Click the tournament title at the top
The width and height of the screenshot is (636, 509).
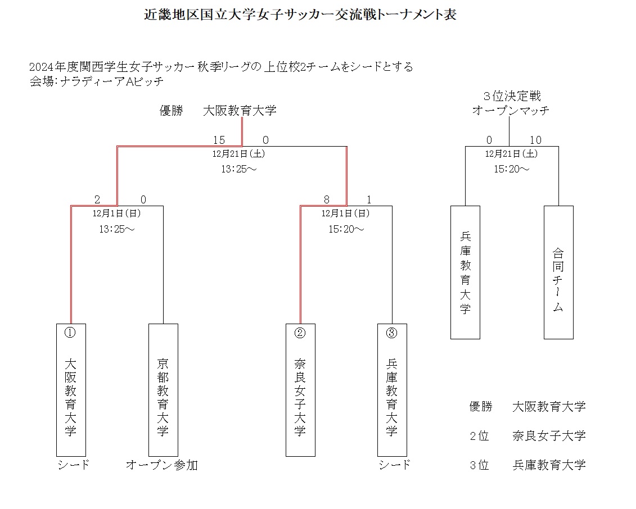tap(300, 15)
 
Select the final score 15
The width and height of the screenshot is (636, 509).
tap(219, 140)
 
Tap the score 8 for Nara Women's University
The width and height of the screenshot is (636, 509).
tap(326, 199)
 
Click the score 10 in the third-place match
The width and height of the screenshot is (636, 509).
tap(535, 140)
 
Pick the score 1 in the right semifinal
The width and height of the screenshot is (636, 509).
tap(368, 199)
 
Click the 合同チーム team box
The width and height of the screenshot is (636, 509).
tap(558, 272)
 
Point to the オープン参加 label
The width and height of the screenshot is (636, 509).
tap(161, 465)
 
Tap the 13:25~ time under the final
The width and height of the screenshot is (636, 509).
tap(238, 169)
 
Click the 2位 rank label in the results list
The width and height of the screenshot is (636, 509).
tap(479, 435)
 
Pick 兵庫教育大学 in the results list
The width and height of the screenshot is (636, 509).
tap(549, 465)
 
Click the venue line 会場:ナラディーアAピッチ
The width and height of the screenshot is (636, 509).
tap(96, 81)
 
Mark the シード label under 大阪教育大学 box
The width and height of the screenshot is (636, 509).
tap(74, 465)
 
